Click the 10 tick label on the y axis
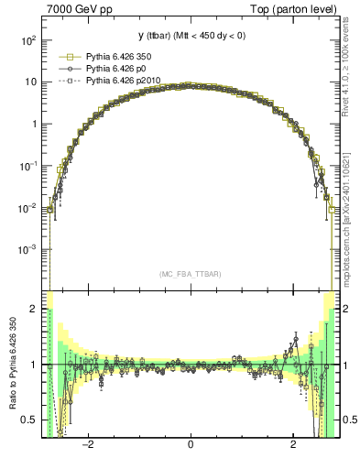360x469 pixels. (30, 82)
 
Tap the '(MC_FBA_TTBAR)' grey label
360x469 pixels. (190, 274)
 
